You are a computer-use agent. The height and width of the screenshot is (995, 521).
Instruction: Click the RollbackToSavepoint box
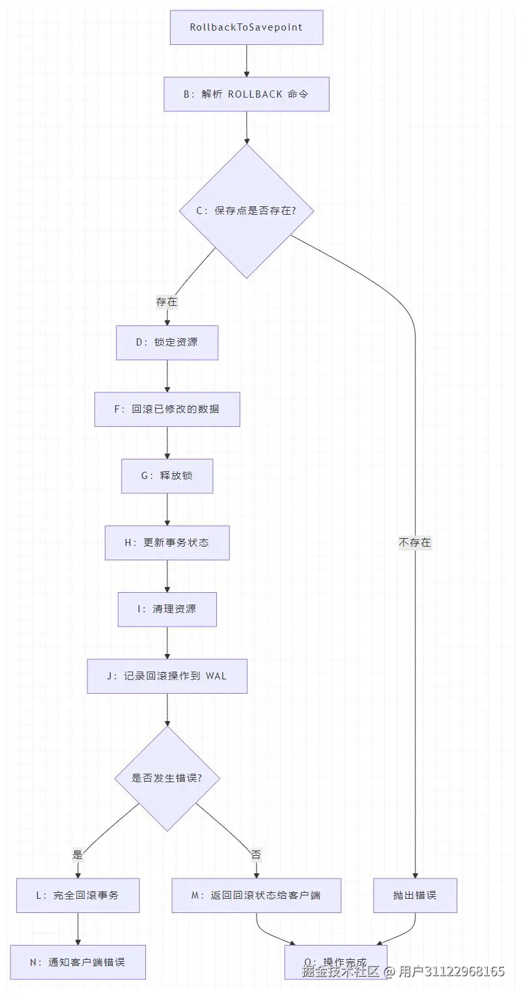coord(246,27)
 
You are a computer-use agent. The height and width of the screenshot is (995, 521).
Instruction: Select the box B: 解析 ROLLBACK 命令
coord(246,94)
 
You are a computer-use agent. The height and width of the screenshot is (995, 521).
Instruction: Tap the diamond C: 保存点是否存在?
coord(246,211)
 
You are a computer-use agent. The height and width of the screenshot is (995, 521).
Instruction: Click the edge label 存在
coord(167,302)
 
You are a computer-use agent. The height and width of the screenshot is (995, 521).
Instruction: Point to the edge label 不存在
coord(415,542)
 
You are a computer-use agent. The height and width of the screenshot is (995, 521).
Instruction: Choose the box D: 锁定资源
coord(167,342)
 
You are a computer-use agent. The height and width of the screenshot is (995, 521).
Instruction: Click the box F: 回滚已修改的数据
coord(167,409)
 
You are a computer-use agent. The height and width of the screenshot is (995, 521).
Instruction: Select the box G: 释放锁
coord(167,476)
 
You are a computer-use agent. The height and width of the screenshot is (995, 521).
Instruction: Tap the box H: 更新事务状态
coord(167,543)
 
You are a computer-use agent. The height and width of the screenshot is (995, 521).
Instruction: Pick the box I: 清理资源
coord(167,609)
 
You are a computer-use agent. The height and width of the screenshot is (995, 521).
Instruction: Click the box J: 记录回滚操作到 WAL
coord(167,676)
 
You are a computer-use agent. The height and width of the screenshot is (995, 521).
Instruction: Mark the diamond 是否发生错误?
coord(167,778)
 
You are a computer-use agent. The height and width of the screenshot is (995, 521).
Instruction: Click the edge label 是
coord(78,854)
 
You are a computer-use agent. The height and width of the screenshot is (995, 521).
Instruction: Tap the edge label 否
coord(256,854)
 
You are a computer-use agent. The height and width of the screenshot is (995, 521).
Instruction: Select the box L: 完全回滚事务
coord(77,895)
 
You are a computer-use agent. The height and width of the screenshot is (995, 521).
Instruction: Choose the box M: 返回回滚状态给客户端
coord(256,895)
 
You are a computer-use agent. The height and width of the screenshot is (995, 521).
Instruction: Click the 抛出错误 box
coord(415,895)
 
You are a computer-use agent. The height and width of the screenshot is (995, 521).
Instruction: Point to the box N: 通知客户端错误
coord(77,962)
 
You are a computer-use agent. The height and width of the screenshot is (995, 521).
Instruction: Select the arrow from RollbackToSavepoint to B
coord(246,61)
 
